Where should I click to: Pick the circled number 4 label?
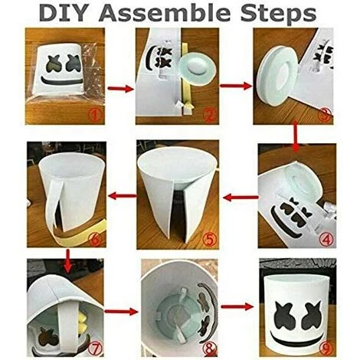point(325,236)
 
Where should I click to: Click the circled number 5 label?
point(209,237)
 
